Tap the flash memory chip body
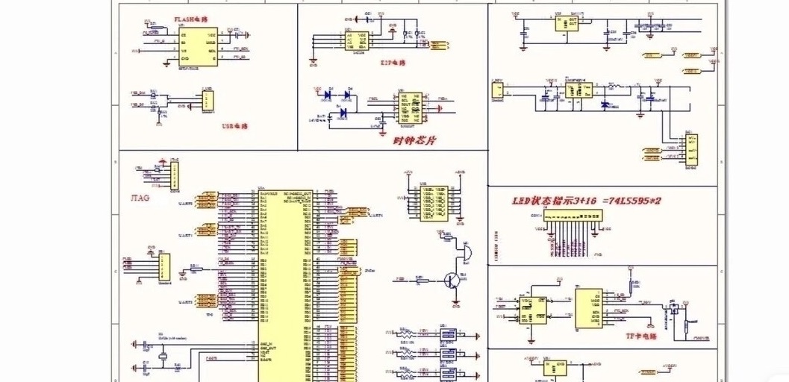tap(197, 46)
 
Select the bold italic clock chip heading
tap(415, 139)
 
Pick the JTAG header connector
tap(175, 176)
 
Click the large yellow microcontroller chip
tap(286, 284)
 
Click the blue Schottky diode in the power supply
tap(605, 104)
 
